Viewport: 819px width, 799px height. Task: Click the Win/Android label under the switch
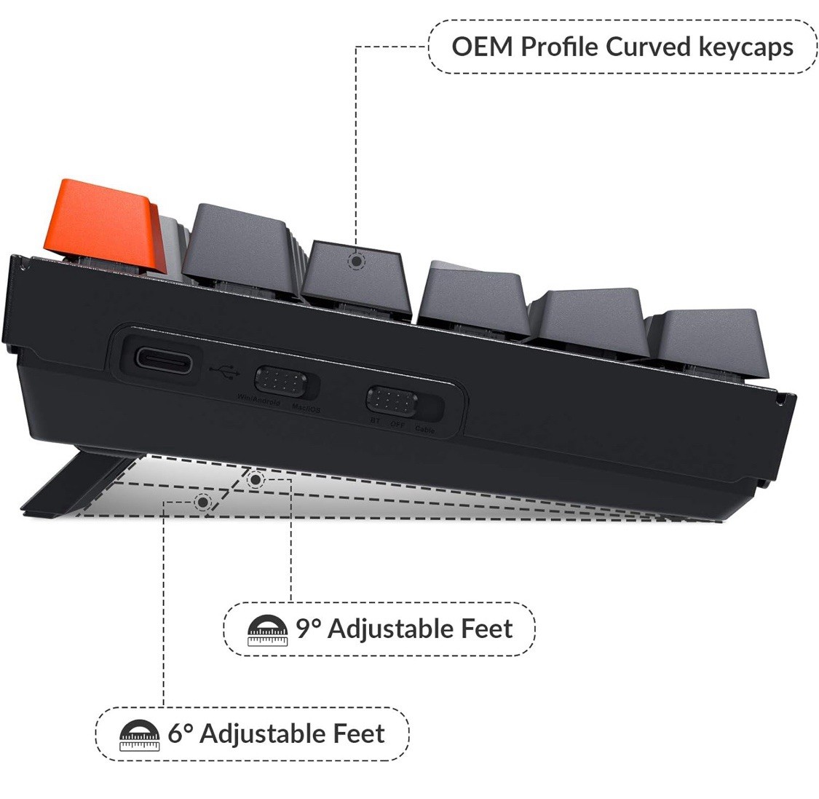258,402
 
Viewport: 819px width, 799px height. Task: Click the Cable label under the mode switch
425,430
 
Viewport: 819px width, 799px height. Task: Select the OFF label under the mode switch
398,425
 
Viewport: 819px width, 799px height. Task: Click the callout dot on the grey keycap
355,260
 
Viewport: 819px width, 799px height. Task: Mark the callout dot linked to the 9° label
256,479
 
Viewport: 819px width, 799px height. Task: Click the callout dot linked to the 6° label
202,501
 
